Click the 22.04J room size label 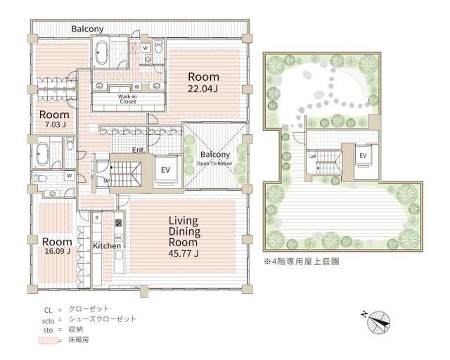pyautogui.click(x=202, y=89)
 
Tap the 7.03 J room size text pyautogui.click(x=53, y=125)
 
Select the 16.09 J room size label pyautogui.click(x=56, y=252)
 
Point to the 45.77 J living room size pyautogui.click(x=187, y=254)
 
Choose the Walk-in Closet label pyautogui.click(x=127, y=98)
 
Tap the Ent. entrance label pyautogui.click(x=139, y=149)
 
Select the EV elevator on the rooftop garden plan pyautogui.click(x=363, y=155)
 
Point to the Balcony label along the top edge pyautogui.click(x=88, y=29)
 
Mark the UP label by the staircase pyautogui.click(x=106, y=181)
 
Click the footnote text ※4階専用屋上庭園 pyautogui.click(x=301, y=261)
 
